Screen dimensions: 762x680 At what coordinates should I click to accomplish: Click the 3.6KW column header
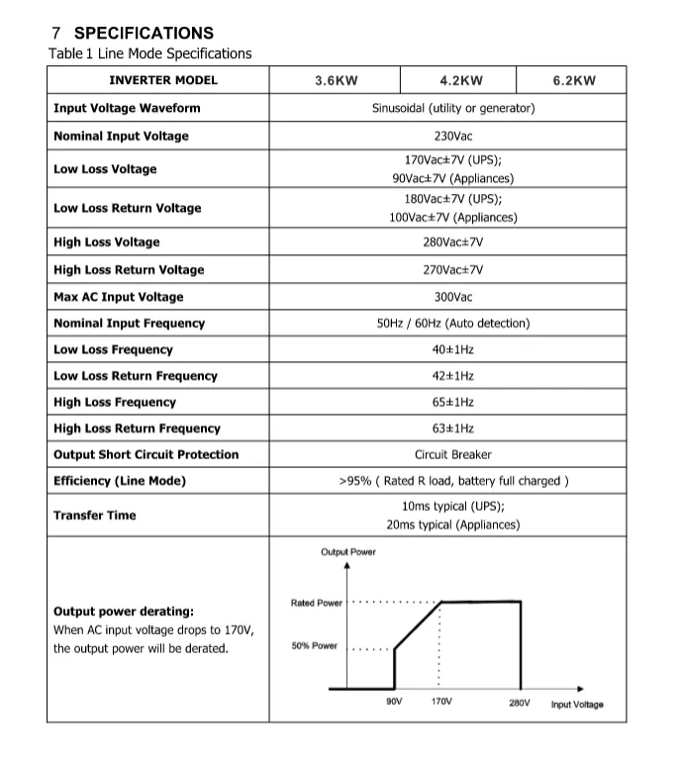tap(337, 81)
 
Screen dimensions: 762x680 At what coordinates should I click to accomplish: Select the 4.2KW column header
tap(461, 81)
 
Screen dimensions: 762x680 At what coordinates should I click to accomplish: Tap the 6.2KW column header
tap(574, 81)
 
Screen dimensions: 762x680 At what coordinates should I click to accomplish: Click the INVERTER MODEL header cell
tap(163, 81)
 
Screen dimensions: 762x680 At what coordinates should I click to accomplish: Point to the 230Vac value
tap(453, 136)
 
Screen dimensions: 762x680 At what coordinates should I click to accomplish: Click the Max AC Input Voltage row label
tap(118, 297)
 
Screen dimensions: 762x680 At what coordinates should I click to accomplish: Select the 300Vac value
tap(453, 297)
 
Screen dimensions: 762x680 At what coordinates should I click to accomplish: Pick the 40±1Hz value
tap(453, 349)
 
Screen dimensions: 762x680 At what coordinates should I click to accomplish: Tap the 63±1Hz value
tap(453, 429)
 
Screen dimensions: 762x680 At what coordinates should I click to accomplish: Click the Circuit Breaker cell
tap(453, 455)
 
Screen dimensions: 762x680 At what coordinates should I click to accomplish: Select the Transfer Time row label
tap(95, 516)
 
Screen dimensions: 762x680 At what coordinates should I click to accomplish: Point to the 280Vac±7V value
tap(453, 242)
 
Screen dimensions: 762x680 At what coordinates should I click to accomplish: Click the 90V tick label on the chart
tap(393, 702)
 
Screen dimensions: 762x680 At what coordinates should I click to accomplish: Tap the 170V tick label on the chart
tap(441, 702)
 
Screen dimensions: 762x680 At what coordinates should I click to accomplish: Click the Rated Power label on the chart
tap(317, 603)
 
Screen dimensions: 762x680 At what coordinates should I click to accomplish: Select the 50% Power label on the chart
tap(315, 646)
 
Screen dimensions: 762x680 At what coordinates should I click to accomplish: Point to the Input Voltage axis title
tap(577, 705)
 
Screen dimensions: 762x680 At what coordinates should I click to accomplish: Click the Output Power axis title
tap(348, 551)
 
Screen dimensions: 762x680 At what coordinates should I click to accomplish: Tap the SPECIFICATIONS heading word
tap(144, 34)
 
